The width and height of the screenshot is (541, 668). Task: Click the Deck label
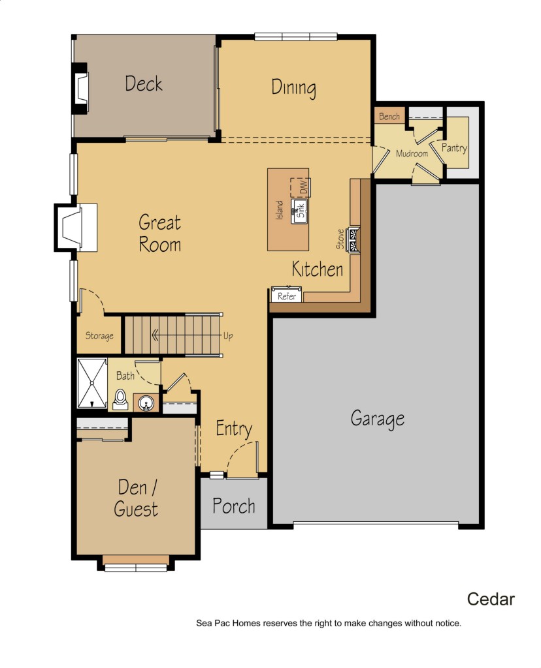pyautogui.click(x=143, y=83)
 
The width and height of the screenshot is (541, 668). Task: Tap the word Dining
pyautogui.click(x=293, y=88)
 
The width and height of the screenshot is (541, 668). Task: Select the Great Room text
pyautogui.click(x=160, y=234)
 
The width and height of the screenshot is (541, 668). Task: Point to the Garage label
pyautogui.click(x=378, y=418)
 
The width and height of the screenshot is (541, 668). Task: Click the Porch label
pyautogui.click(x=234, y=506)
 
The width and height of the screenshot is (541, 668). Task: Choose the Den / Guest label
pyautogui.click(x=136, y=498)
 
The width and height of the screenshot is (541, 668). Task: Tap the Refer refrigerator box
pyautogui.click(x=286, y=296)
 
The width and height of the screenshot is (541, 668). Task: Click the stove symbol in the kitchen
pyautogui.click(x=353, y=240)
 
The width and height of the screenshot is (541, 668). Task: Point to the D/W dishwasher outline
pyautogui.click(x=301, y=187)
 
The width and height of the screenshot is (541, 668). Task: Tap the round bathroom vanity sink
pyautogui.click(x=146, y=402)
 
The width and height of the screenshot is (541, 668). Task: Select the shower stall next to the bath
pyautogui.click(x=91, y=383)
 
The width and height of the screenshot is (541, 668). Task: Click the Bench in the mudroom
pyautogui.click(x=389, y=116)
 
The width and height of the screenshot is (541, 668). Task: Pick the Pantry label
pyautogui.click(x=454, y=148)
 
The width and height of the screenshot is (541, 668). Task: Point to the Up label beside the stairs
pyautogui.click(x=228, y=336)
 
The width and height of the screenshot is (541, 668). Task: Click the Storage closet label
pyautogui.click(x=99, y=336)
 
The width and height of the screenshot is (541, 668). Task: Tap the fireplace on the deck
pyautogui.click(x=80, y=88)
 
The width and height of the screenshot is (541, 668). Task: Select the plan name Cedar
pyautogui.click(x=491, y=599)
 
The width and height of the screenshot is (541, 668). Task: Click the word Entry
pyautogui.click(x=234, y=428)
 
